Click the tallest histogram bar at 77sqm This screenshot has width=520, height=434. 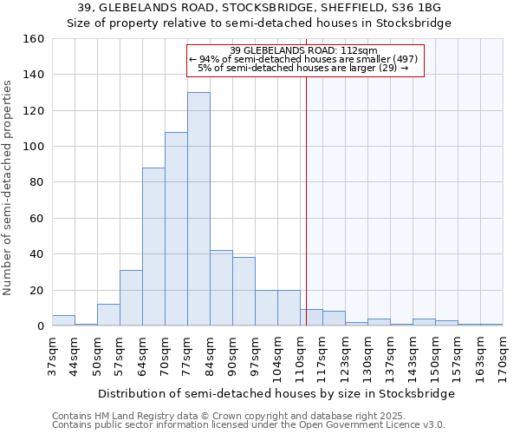point(198,209)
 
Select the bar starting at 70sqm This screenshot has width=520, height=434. point(176,229)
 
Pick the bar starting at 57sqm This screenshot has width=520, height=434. point(131,298)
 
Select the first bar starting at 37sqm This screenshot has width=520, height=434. point(63,320)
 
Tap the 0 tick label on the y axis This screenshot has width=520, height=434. point(40,326)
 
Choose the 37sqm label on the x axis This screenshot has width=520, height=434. point(52,355)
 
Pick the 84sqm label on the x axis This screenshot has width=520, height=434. point(210,355)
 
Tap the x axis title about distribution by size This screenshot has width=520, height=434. point(276,394)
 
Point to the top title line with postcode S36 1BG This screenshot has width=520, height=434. point(259,7)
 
